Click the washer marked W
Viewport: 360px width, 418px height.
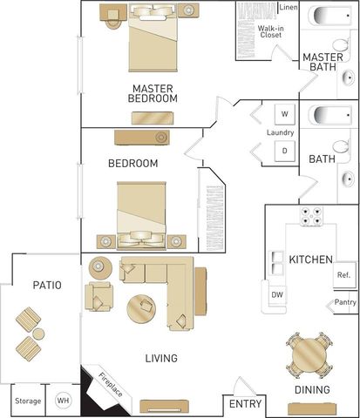[285, 114]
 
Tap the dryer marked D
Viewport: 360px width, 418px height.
[285, 151]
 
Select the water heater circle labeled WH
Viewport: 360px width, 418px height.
[63, 401]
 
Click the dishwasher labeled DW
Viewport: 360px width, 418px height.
[277, 295]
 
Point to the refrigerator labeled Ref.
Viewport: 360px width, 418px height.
[344, 275]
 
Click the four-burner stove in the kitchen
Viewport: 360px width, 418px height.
[311, 217]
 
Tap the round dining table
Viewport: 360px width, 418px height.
[309, 354]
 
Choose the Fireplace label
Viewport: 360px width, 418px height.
[111, 385]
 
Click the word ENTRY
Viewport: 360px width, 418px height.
[245, 404]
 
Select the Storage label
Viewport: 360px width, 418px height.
[28, 401]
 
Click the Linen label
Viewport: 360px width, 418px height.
[289, 7]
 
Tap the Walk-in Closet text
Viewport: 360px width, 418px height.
[271, 31]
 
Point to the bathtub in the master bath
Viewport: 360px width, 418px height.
[333, 16]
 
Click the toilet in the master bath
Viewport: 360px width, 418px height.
[341, 45]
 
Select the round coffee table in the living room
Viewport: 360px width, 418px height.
[141, 308]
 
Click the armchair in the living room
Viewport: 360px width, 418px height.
[98, 296]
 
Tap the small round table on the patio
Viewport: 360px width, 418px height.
[38, 334]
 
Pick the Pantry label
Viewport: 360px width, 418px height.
[345, 302]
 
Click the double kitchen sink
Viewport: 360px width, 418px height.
[276, 263]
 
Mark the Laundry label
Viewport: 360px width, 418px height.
[281, 132]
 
